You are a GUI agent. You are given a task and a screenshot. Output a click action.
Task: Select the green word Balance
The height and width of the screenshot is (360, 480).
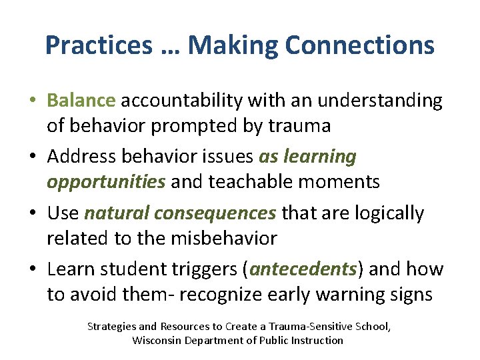click(x=81, y=101)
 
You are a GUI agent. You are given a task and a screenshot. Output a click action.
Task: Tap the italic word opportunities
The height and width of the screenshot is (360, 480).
click(x=105, y=181)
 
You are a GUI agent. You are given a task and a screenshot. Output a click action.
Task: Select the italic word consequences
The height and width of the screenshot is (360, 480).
click(x=214, y=213)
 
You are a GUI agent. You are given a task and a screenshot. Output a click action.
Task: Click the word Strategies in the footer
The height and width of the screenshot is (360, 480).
click(x=113, y=327)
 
